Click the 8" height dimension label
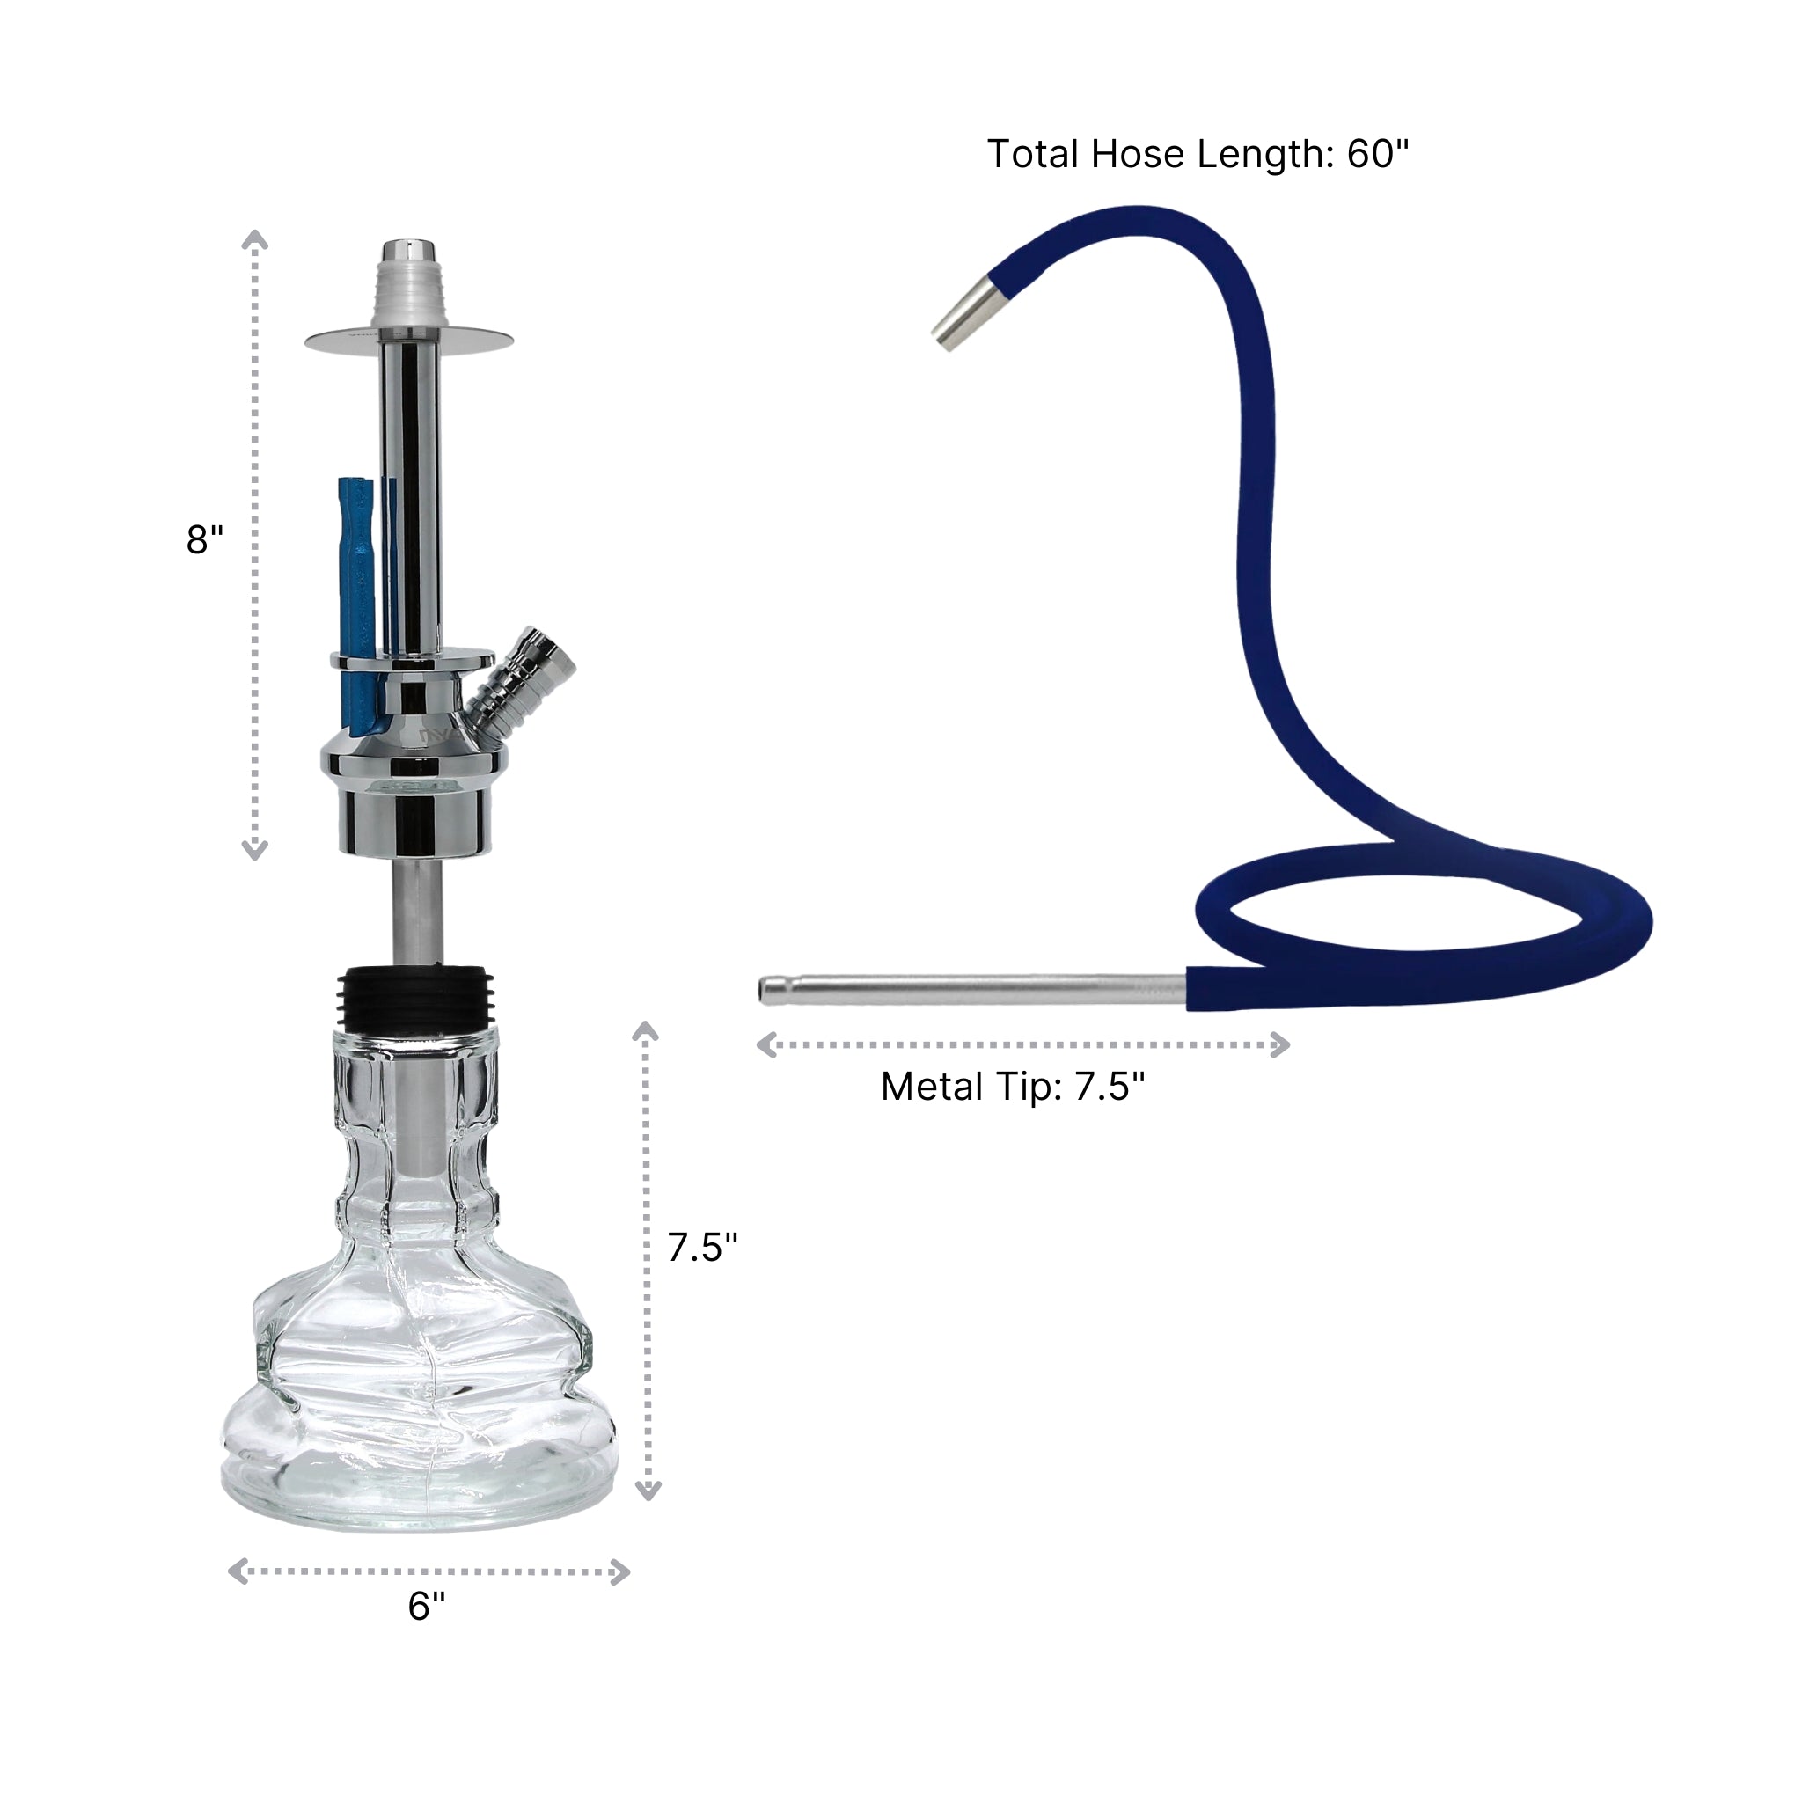204,539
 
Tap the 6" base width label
426,1605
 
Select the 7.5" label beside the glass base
702,1247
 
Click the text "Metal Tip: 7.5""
1012,1087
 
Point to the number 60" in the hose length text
1377,154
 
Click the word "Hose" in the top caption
1138,154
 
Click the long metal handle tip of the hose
970,990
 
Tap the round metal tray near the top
408,341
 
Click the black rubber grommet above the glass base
414,997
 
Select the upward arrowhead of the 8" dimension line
254,240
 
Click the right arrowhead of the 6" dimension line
620,1571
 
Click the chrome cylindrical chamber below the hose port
414,821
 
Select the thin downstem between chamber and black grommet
416,912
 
